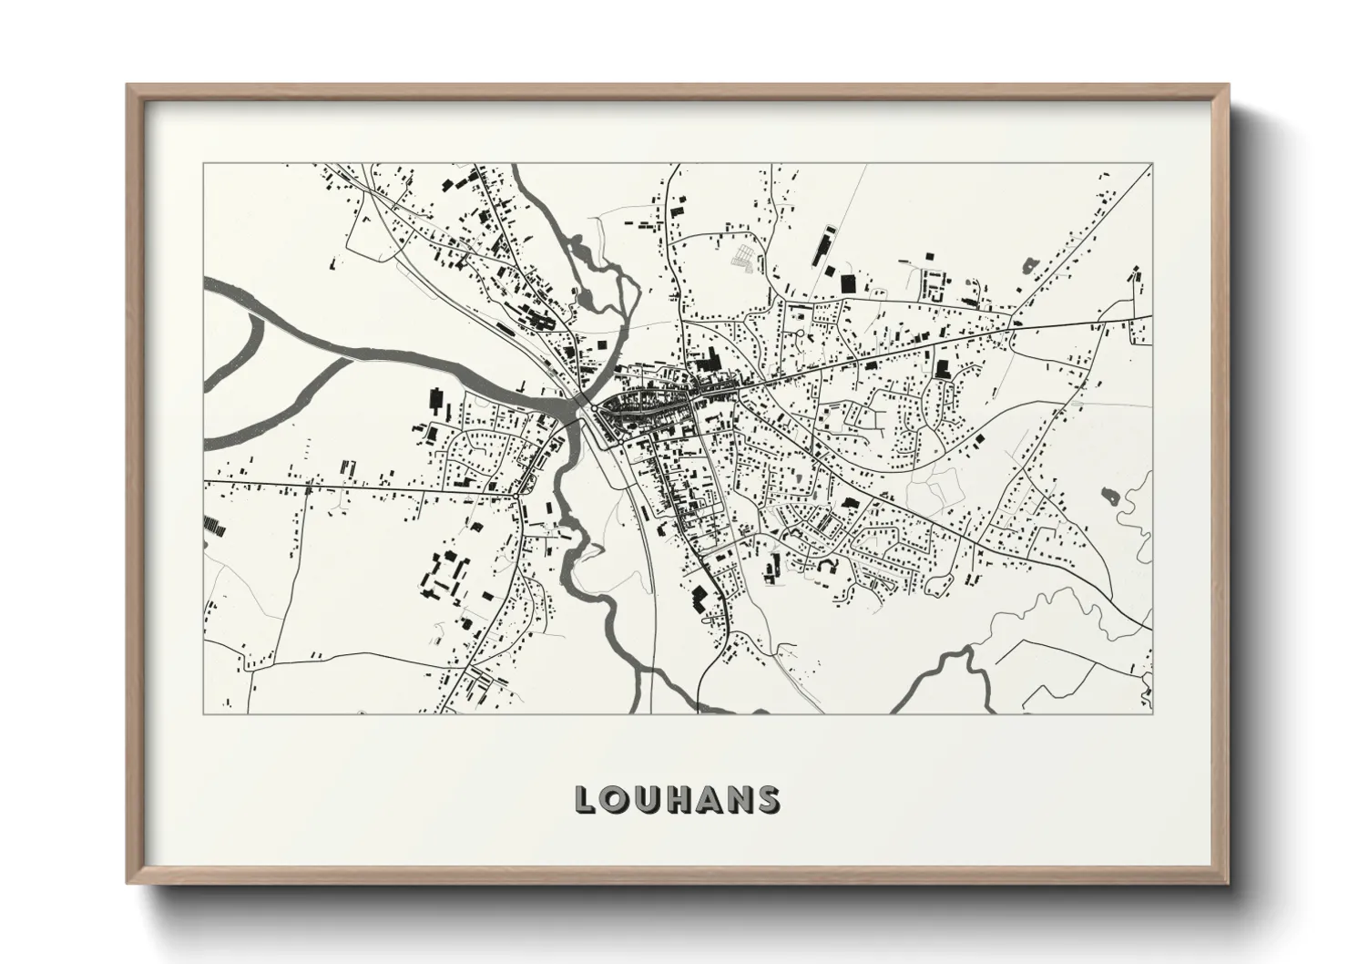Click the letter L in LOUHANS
coord(587,799)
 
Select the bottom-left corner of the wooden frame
coord(128,881)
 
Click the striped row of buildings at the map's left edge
coord(215,526)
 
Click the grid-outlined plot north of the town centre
coord(744,255)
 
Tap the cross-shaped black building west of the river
coord(436,401)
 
